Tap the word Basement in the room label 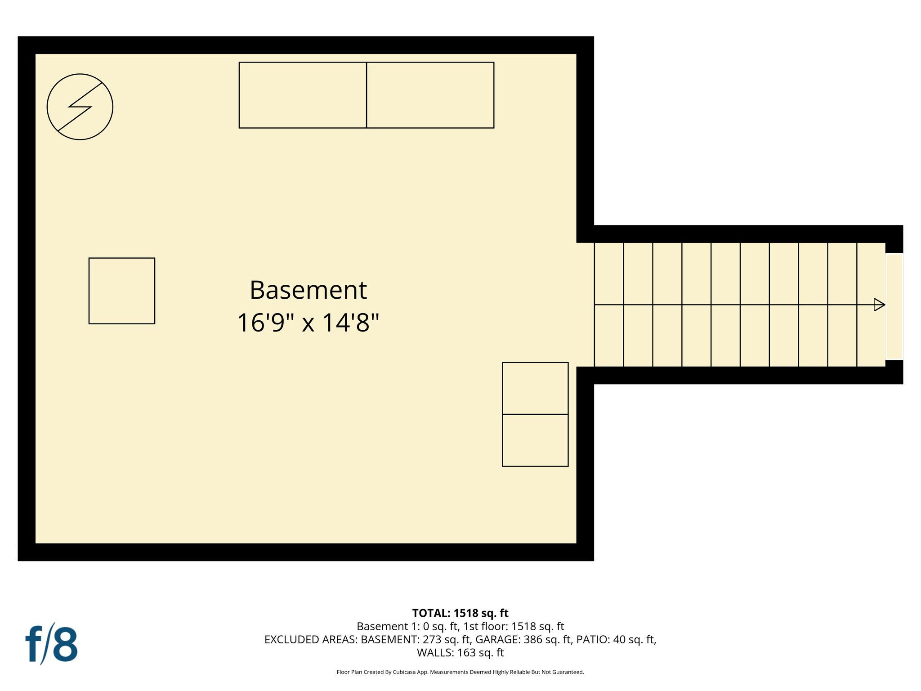pos(308,290)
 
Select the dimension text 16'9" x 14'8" pos(308,323)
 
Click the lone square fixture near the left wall pos(121,291)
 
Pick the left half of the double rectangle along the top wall pos(303,95)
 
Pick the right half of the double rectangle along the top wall pos(430,95)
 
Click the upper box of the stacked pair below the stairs pos(535,388)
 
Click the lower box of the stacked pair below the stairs pos(535,440)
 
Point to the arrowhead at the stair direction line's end pos(879,305)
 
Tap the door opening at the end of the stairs pos(894,306)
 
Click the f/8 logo pos(51,644)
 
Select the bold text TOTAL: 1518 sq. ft pos(460,613)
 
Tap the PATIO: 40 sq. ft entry pos(616,639)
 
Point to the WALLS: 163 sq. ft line pos(460,652)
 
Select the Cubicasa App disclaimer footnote pos(460,672)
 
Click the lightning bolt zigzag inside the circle pos(80,107)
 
